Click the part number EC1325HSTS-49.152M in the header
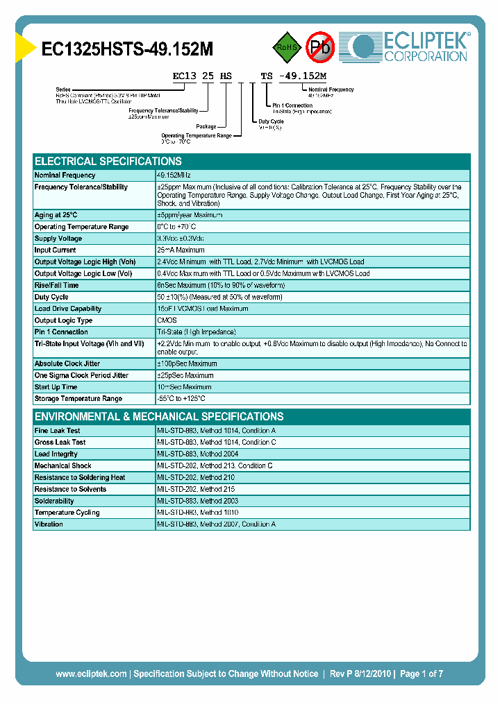(127, 49)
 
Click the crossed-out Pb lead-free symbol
(320, 47)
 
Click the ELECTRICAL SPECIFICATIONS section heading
(108, 161)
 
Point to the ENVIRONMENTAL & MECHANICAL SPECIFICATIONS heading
(159, 416)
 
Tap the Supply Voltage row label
(59, 239)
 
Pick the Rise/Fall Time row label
(57, 285)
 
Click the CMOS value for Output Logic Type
(167, 320)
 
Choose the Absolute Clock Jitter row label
(67, 363)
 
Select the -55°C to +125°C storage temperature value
(181, 399)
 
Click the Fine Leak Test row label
(58, 431)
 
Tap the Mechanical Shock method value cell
(215, 466)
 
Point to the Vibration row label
(49, 524)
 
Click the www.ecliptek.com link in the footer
(91, 674)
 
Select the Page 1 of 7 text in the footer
(422, 674)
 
